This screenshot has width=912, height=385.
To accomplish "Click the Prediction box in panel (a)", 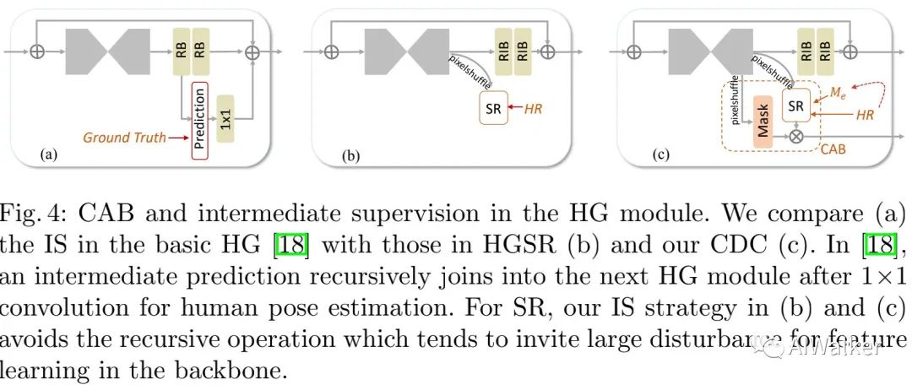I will point(199,117).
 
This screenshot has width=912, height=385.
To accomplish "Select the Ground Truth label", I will point(124,136).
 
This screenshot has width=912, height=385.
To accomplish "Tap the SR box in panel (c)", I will point(795,106).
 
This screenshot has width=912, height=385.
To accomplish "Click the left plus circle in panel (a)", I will point(37,52).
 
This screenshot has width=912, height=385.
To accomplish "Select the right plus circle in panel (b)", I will point(548,52).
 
